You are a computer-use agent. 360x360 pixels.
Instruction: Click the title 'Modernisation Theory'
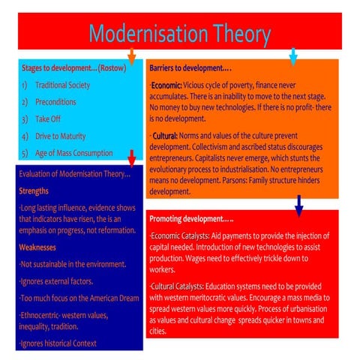[179, 34]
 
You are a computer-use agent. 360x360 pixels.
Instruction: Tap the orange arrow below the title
[131, 55]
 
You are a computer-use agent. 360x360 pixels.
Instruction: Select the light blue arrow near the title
[293, 55]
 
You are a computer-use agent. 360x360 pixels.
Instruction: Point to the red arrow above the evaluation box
[131, 157]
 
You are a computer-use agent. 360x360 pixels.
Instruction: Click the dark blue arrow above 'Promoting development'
[299, 204]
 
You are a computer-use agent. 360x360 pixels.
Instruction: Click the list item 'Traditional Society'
[62, 85]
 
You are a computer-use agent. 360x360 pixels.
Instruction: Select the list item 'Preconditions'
[55, 102]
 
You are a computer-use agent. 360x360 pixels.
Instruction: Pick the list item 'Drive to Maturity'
[61, 136]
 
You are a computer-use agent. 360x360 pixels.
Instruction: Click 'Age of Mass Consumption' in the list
[73, 153]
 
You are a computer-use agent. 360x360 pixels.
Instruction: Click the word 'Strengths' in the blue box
[34, 190]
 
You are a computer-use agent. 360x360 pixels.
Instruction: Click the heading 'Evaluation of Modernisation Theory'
[73, 175]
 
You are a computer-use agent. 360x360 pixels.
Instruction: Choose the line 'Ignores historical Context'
[57, 343]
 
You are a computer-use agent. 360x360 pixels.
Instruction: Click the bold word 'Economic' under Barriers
[168, 85]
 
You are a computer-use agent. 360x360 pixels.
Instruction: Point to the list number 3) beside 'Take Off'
[25, 118]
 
